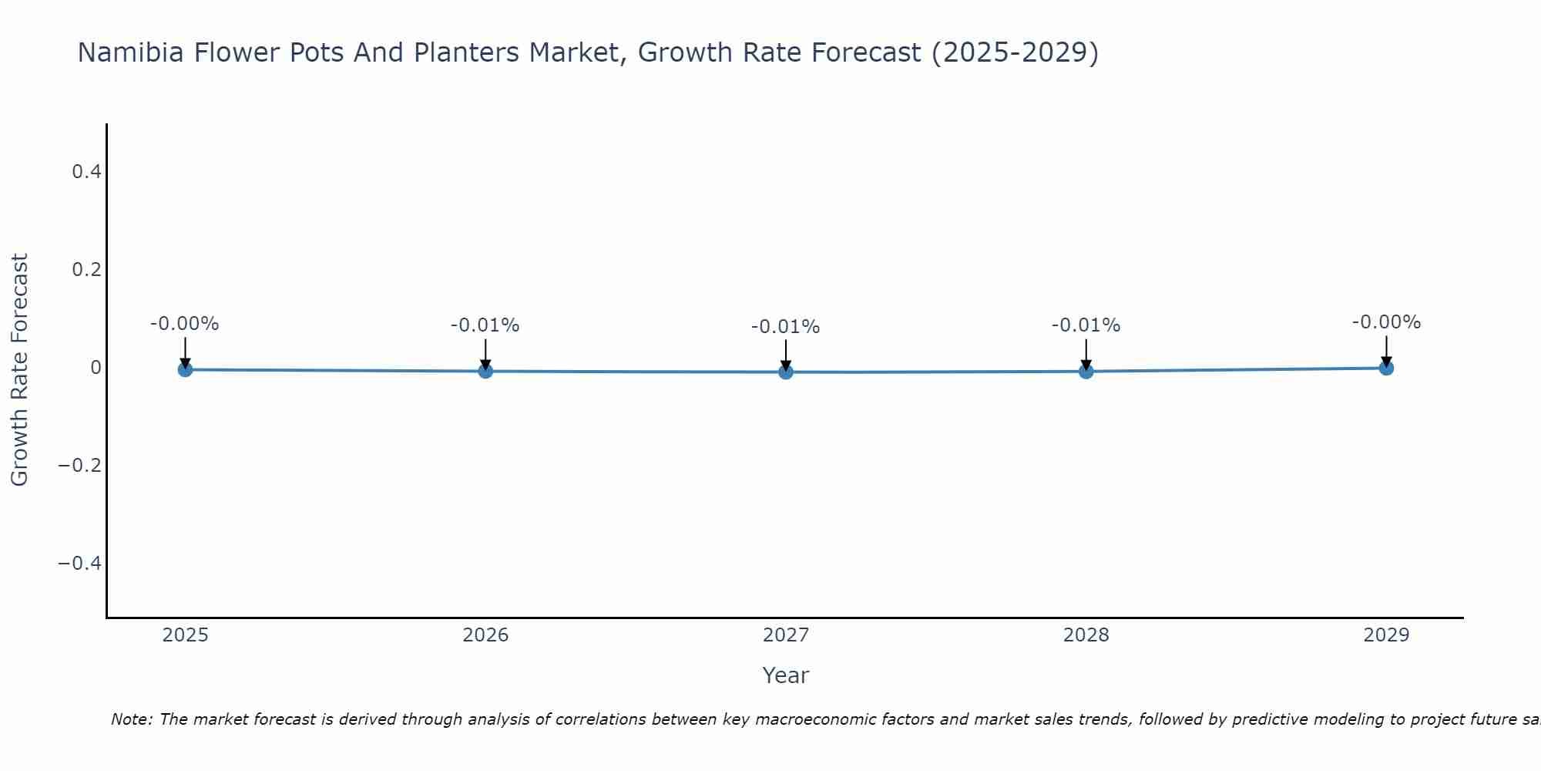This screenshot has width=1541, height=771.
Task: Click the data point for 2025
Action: tap(185, 369)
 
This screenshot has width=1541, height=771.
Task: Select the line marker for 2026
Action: tap(485, 371)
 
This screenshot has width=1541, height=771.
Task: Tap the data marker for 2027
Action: tap(786, 372)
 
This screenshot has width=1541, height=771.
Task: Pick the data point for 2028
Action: tap(1086, 371)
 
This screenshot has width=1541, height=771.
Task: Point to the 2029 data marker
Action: tap(1386, 368)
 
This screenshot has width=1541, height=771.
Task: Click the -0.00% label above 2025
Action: tap(185, 324)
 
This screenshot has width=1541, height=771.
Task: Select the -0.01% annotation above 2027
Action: tap(786, 327)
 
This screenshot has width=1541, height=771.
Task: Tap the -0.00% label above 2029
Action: tap(1386, 322)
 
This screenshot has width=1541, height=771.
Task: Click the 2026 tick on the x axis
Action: tap(485, 635)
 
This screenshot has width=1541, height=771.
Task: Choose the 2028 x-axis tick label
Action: tap(1086, 635)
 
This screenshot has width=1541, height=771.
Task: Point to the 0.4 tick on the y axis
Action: tap(86, 172)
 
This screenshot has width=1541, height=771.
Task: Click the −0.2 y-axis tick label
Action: tap(80, 466)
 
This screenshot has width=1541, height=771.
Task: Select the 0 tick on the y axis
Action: tap(96, 368)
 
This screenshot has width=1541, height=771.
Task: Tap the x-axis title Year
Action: tap(785, 675)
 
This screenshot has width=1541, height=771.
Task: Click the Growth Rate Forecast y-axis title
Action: tap(19, 369)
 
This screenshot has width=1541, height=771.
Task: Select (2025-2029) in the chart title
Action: tap(1015, 52)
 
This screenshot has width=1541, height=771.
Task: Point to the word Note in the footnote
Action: tap(131, 719)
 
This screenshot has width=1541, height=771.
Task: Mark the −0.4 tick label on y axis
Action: tap(80, 564)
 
